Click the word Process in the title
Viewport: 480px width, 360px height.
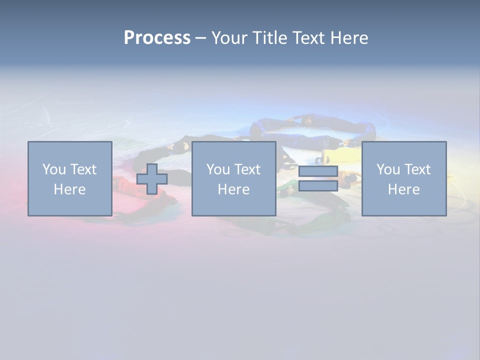[157, 38]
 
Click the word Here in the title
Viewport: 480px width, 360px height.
[349, 38]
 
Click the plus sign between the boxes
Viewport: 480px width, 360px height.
[152, 179]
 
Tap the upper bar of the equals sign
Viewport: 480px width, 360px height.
[318, 171]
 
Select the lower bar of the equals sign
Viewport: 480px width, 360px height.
[318, 186]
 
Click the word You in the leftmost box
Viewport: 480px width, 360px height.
[54, 169]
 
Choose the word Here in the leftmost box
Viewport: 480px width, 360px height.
[69, 189]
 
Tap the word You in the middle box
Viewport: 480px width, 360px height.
[218, 169]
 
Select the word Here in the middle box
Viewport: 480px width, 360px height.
[233, 189]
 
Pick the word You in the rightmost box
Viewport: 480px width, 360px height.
[388, 169]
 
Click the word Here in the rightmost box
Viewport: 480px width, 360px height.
[403, 189]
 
